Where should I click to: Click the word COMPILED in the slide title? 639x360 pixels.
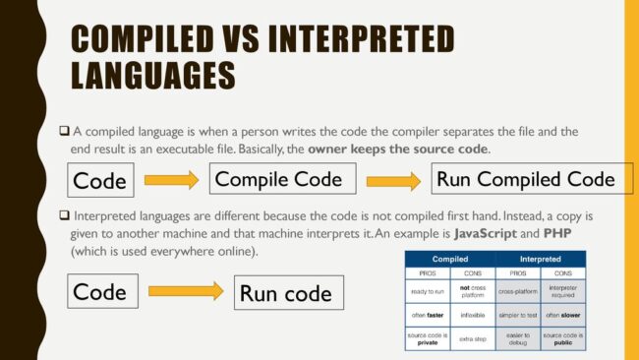click(145, 38)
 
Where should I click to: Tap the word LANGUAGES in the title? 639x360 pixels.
click(153, 75)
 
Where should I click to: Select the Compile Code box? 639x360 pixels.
click(278, 179)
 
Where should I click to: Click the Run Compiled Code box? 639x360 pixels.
click(526, 179)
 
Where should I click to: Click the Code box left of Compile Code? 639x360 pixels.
click(100, 181)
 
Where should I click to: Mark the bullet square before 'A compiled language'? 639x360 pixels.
click(65, 132)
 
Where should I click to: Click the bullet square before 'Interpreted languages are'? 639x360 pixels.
click(65, 215)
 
